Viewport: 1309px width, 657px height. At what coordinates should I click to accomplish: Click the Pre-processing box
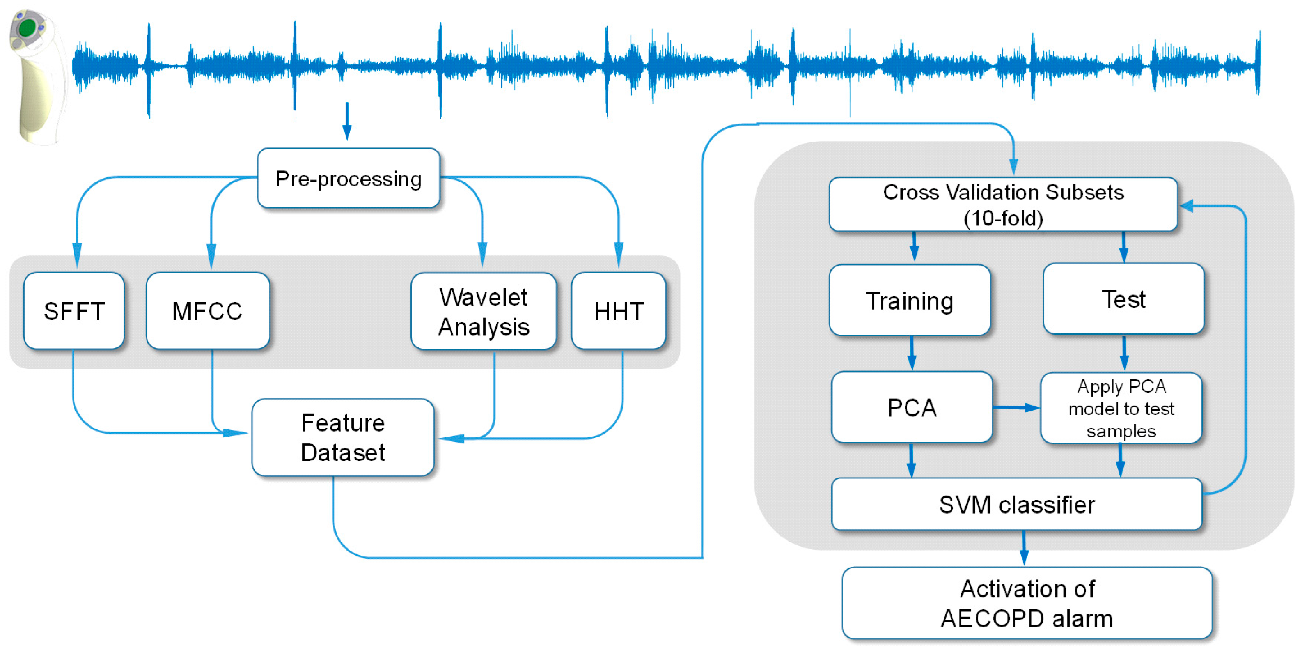pyautogui.click(x=349, y=178)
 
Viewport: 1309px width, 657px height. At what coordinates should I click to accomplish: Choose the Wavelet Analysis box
pyautogui.click(x=483, y=312)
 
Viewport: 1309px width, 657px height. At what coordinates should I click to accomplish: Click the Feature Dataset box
pyautogui.click(x=343, y=437)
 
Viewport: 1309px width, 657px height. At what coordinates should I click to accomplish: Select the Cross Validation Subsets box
pyautogui.click(x=1003, y=204)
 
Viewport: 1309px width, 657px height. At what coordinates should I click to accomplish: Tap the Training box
pyautogui.click(x=910, y=300)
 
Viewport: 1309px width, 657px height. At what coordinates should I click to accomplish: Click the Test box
pyautogui.click(x=1123, y=299)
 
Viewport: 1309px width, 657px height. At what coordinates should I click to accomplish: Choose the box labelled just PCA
pyautogui.click(x=912, y=407)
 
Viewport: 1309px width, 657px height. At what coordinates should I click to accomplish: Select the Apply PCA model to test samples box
pyautogui.click(x=1121, y=408)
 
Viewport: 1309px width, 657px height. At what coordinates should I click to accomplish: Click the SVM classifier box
pyautogui.click(x=1016, y=505)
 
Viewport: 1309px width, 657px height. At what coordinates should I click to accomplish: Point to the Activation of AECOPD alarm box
pyautogui.click(x=1027, y=603)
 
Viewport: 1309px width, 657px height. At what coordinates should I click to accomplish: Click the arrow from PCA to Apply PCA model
pyautogui.click(x=1016, y=407)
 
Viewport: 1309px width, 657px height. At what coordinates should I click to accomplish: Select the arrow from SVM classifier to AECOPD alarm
pyautogui.click(x=1024, y=548)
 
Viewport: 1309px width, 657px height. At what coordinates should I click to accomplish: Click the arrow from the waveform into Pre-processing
pyautogui.click(x=347, y=121)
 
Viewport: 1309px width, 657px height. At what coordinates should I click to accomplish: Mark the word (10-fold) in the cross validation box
pyautogui.click(x=1003, y=218)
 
